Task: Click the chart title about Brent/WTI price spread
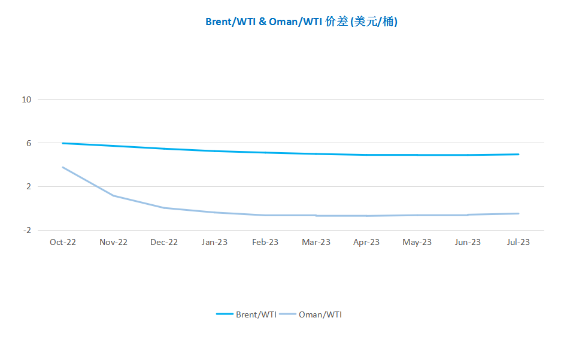point(301,22)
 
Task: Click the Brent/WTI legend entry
point(246,314)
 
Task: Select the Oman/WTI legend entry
point(310,314)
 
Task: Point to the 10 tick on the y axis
point(26,100)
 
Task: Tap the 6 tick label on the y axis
point(29,143)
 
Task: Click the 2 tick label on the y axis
point(29,186)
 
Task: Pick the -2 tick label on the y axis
point(27,230)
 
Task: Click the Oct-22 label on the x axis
point(63,242)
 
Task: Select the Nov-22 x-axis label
point(113,242)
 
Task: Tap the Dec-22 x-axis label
point(164,242)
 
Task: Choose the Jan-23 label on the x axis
point(215,242)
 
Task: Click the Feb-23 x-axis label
point(265,242)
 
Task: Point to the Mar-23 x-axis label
point(316,242)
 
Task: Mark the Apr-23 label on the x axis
point(366,242)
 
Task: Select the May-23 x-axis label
point(417,242)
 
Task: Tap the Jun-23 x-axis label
point(468,242)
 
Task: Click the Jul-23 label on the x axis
point(518,242)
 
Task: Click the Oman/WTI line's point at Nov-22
point(113,196)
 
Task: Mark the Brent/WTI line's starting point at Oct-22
point(63,144)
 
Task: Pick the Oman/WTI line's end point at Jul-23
point(518,214)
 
